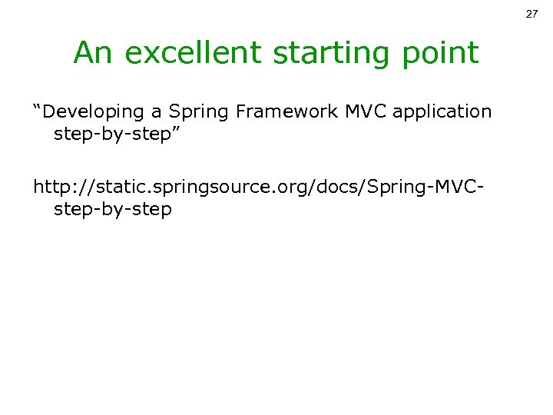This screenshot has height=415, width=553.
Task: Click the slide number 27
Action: coord(531,15)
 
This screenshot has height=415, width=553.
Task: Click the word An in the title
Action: coord(92,53)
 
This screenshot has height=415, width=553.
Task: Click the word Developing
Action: coord(95,112)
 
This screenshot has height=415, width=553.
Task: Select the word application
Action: coord(442,112)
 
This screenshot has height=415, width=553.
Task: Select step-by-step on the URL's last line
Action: coord(112,209)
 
